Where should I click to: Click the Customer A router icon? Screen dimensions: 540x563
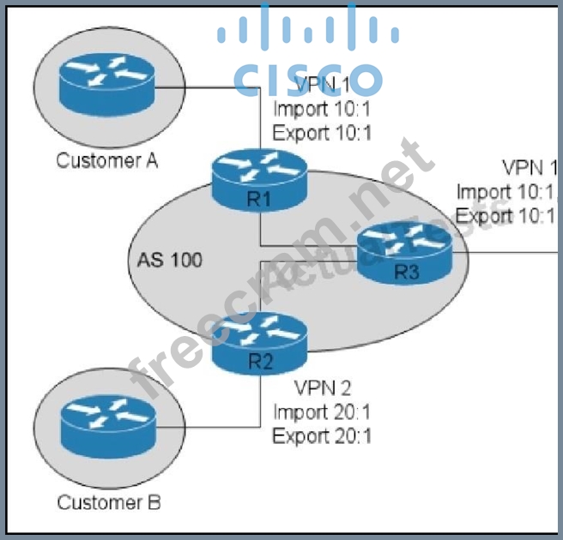tap(102, 81)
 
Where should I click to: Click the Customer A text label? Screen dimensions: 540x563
tap(107, 160)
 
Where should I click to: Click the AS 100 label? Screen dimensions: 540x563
tap(169, 259)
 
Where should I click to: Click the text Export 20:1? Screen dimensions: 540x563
tap(323, 435)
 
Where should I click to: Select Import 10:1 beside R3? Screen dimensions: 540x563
tap(507, 191)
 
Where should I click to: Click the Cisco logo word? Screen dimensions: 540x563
tap(307, 79)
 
